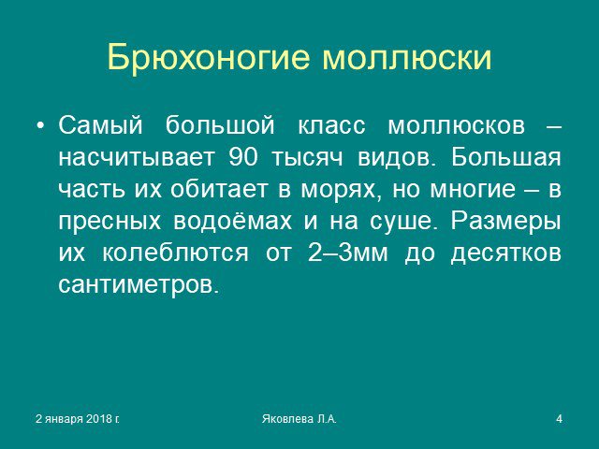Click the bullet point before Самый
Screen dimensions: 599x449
coord(40,125)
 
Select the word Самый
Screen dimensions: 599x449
coord(100,124)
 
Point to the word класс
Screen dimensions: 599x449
coord(331,125)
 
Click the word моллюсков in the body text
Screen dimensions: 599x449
coord(457,125)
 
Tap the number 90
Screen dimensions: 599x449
coord(243,157)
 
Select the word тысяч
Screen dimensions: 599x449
coord(307,158)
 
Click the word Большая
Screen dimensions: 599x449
coord(506,156)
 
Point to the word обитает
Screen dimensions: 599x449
coord(218,189)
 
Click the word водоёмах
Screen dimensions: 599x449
coord(233,221)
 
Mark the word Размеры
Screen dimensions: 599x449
coord(506,221)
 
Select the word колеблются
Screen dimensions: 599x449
coord(175,252)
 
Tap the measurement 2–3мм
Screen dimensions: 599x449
coord(347,252)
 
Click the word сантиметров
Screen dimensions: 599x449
coord(139,284)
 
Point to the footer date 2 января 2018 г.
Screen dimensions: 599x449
coord(78,419)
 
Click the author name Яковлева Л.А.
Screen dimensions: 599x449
coord(299,419)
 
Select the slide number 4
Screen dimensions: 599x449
coord(560,419)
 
